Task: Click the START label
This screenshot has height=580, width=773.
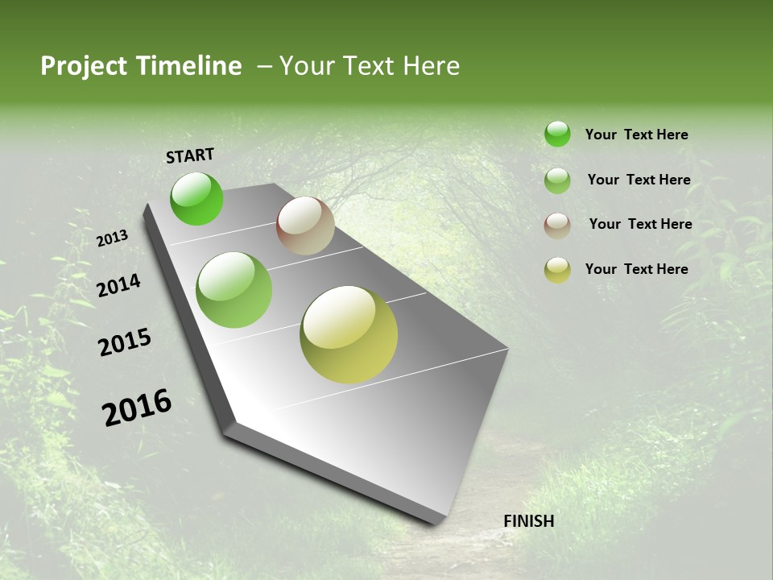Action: click(190, 155)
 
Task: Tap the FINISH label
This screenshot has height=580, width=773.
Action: click(528, 521)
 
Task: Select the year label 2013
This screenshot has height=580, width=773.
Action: click(112, 238)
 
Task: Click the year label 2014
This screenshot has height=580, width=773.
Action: click(118, 285)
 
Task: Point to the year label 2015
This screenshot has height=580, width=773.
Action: click(124, 342)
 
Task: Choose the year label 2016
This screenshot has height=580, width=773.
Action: click(137, 408)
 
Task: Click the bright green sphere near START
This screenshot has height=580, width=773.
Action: click(196, 198)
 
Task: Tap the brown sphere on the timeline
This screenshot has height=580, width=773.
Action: click(305, 226)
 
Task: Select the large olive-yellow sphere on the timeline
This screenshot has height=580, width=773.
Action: click(349, 334)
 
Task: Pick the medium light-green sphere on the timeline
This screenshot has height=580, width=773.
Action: click(234, 290)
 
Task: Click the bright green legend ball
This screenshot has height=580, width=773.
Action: click(557, 134)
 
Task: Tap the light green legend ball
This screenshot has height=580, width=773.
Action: click(557, 180)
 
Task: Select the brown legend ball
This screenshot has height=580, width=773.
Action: click(557, 225)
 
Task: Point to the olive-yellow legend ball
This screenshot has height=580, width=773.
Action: click(557, 270)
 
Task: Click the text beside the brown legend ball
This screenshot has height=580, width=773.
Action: click(640, 224)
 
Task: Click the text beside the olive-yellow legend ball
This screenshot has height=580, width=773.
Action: click(636, 269)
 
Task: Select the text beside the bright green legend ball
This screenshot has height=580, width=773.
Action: click(636, 135)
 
